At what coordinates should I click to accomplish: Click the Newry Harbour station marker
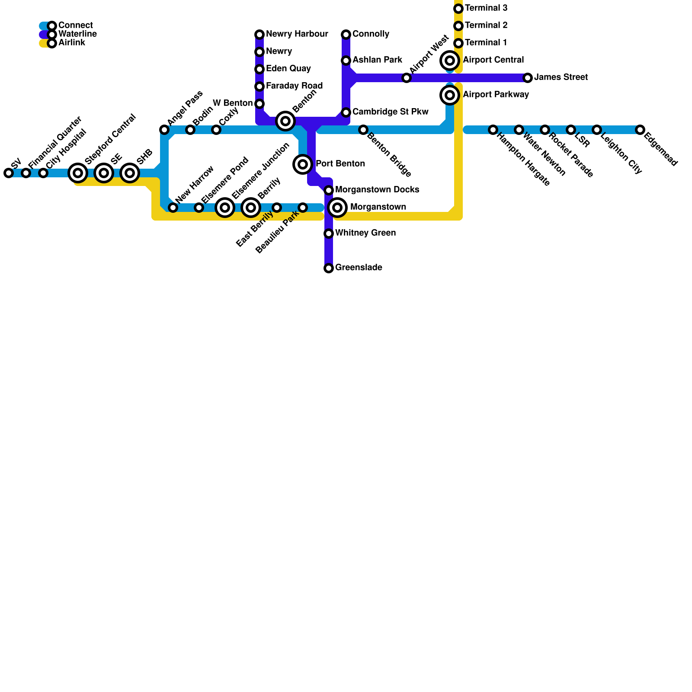point(259,35)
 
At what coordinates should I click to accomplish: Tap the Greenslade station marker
point(329,268)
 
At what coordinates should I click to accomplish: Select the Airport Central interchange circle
point(450,61)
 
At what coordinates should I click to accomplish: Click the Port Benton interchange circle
point(303,164)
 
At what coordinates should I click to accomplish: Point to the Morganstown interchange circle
point(337,208)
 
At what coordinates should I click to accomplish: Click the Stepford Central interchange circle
point(78,173)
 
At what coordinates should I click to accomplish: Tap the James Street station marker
point(528,78)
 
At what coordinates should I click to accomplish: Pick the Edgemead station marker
point(640,130)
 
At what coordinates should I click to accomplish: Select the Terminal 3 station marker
point(458,9)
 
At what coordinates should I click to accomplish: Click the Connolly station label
point(371,34)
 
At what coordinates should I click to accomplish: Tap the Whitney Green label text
point(365,233)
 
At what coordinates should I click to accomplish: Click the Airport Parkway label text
point(496,95)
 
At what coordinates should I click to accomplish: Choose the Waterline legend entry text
point(77,34)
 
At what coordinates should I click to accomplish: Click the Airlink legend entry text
point(72,43)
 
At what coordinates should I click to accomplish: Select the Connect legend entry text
point(75,26)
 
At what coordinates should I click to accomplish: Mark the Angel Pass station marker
point(164,130)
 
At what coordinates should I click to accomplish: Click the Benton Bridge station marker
point(363,130)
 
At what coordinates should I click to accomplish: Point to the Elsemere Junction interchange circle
point(225,208)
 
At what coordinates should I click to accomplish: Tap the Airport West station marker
point(407,78)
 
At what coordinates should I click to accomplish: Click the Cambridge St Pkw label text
point(390,112)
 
